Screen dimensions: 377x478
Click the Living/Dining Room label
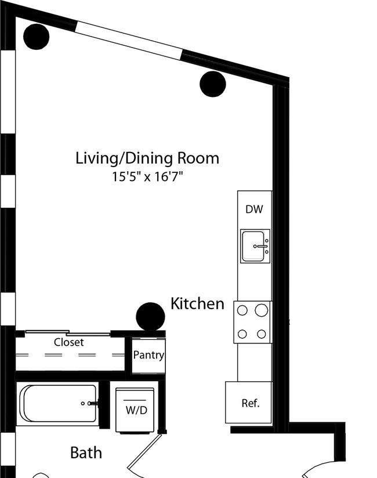tap(147, 159)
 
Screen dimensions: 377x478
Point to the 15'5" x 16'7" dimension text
tap(147, 176)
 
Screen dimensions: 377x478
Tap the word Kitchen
tap(198, 303)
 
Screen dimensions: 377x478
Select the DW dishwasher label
tap(254, 209)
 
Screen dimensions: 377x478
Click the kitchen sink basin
tap(253, 246)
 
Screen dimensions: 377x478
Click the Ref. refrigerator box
tap(248, 403)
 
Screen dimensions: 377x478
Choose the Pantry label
tap(148, 355)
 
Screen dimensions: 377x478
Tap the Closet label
tap(69, 342)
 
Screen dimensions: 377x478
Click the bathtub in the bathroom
tap(59, 403)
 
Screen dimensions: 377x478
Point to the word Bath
tap(86, 452)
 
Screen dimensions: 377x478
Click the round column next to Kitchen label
tap(150, 316)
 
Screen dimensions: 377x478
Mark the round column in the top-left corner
tap(37, 37)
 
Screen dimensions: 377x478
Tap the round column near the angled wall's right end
tap(213, 84)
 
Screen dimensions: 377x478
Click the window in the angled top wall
tap(129, 41)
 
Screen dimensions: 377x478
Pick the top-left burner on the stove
tap(242, 310)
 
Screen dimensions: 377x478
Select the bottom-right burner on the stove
tap(261, 334)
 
